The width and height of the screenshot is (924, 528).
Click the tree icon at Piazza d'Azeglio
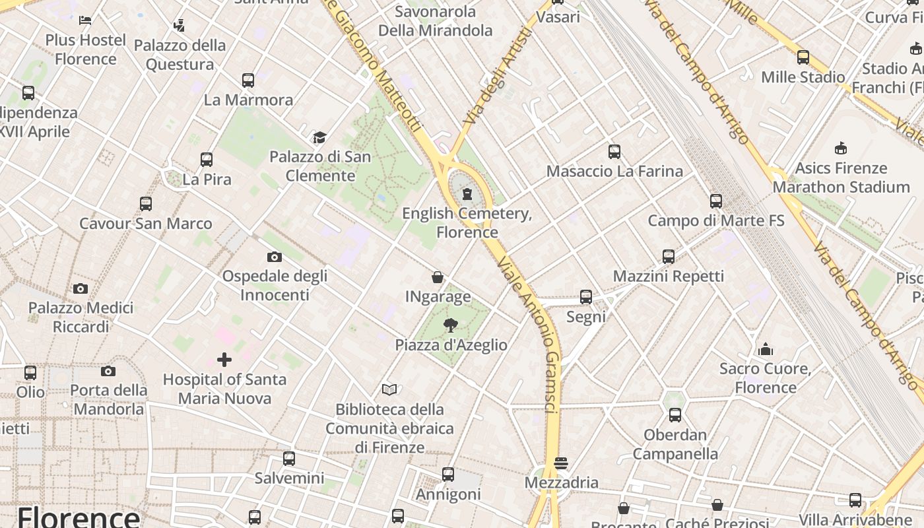pos(451,325)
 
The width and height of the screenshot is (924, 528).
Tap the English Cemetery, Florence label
pos(467,222)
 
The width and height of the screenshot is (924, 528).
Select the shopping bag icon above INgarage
pos(438,277)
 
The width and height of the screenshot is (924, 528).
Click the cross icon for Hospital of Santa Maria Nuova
pos(224,360)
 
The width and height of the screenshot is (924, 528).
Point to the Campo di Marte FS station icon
pos(716,201)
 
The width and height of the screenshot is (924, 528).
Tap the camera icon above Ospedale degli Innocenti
pos(275,257)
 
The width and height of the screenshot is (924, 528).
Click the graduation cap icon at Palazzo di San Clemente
pos(320,137)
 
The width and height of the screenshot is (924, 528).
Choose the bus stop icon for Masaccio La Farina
pos(614,152)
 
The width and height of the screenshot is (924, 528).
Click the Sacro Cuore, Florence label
pos(766,378)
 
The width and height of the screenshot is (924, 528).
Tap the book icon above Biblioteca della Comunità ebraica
pos(389,390)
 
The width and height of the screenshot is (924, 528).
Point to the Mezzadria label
pos(561,482)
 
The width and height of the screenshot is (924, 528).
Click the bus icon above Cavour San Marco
pos(146,204)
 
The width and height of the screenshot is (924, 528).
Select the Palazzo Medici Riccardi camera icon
pos(81,288)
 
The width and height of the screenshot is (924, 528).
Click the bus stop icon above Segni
pos(586,297)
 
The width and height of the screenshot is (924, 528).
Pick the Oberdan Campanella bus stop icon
pos(675,415)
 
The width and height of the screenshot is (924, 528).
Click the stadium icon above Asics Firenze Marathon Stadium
pos(841,148)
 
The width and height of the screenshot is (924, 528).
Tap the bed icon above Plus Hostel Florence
pos(85,20)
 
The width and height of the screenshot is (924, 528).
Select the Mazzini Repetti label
pos(668,276)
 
